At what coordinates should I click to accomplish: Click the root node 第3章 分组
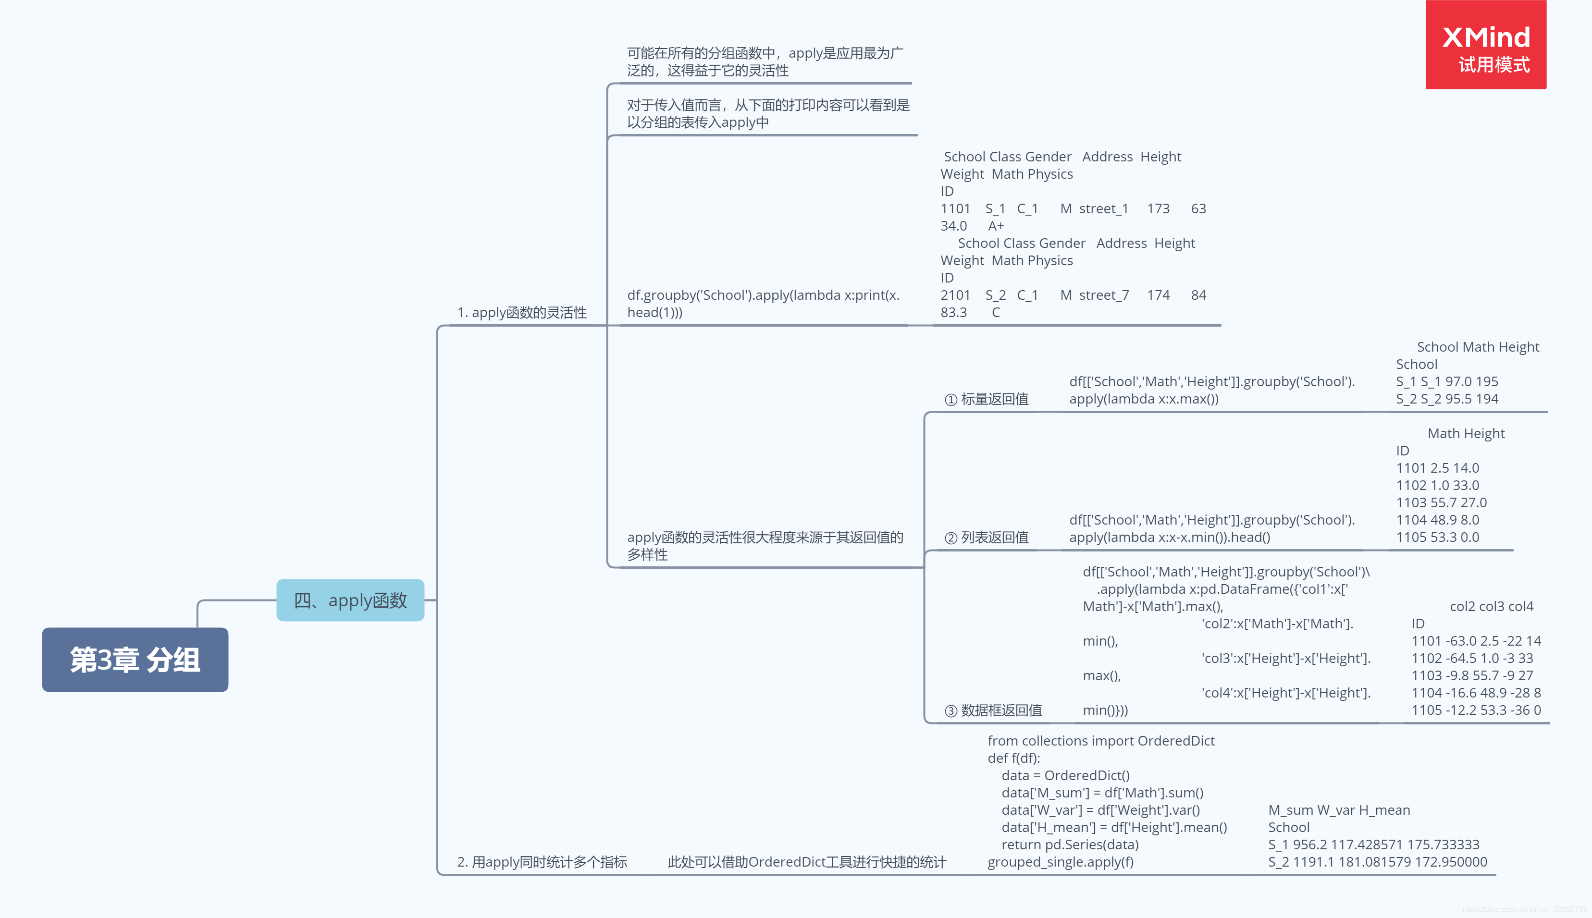point(135,660)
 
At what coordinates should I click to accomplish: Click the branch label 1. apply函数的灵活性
point(521,312)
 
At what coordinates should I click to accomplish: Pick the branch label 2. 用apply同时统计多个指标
point(542,862)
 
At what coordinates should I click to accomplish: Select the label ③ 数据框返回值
point(993,710)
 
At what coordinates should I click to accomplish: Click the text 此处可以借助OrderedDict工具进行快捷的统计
point(806,862)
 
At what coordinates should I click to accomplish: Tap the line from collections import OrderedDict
point(1101,741)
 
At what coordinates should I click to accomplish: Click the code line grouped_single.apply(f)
point(1061,862)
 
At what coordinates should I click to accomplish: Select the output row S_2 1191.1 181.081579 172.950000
point(1377,862)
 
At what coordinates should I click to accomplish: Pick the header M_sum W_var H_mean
point(1339,810)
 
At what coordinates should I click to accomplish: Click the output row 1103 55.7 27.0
point(1441,502)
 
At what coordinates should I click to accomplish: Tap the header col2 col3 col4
point(1491,607)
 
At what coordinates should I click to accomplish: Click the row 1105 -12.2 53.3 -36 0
point(1475,710)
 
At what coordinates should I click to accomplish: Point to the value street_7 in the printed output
point(1103,295)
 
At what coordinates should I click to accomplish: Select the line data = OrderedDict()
point(1065,775)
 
